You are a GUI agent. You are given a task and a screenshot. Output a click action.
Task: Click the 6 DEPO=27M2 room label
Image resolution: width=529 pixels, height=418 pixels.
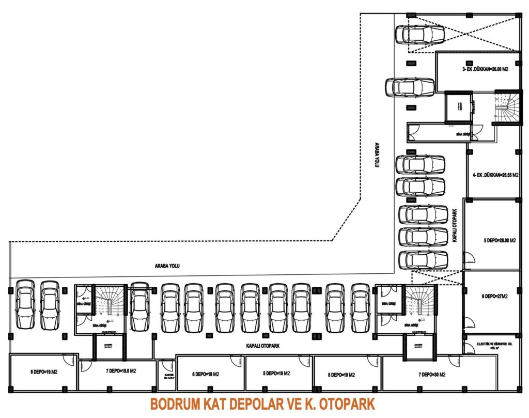coord(493,297)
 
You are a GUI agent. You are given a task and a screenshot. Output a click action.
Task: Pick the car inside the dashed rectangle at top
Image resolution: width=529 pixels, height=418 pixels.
coord(419,34)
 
